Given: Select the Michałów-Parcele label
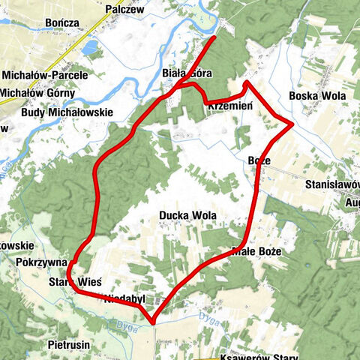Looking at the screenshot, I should click(45, 76).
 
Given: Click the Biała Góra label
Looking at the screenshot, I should click(187, 73).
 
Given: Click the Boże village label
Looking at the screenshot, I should click(259, 160).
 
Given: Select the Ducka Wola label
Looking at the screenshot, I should click(187, 215).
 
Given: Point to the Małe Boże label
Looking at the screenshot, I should click(256, 252).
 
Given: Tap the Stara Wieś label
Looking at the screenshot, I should click(75, 282).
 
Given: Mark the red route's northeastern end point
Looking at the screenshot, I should click(215, 37).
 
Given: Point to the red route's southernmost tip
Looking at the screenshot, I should click(154, 323).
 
